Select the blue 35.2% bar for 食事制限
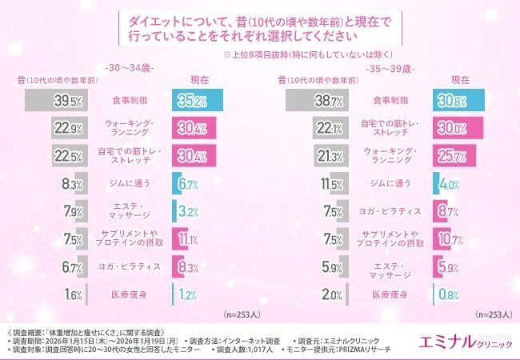click(x=196, y=102)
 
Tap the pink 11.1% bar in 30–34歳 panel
click(x=185, y=238)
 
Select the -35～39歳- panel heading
click(x=390, y=69)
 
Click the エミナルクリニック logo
click(x=465, y=341)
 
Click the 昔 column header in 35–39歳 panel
click(x=282, y=81)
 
